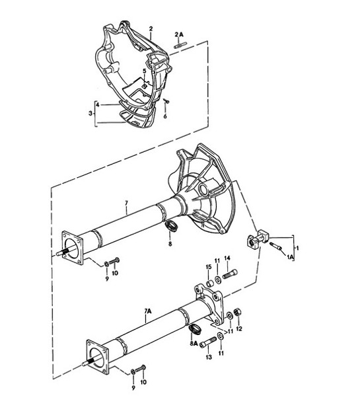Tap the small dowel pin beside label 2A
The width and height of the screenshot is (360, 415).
179,44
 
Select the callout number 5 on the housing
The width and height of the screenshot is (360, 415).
144,71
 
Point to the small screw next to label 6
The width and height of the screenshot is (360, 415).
168,101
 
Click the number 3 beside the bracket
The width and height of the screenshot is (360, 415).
91,114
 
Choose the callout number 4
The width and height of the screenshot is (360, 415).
98,105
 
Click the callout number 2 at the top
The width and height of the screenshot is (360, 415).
151,28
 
